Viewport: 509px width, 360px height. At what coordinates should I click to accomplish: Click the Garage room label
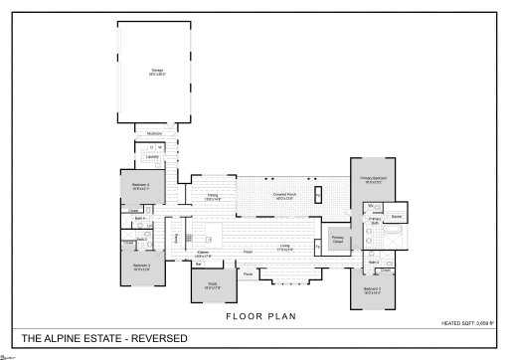(157, 71)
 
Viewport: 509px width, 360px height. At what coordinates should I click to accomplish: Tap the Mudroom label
(156, 132)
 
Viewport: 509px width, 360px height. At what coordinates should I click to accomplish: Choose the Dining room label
(213, 197)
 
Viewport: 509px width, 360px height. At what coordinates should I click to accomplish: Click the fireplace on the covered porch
(317, 193)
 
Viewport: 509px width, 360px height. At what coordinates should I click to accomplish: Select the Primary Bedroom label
(373, 180)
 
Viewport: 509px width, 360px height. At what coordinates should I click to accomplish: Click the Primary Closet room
(338, 239)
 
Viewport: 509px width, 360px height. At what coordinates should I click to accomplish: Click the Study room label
(213, 285)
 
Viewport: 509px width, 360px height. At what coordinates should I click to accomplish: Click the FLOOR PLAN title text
(254, 316)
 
